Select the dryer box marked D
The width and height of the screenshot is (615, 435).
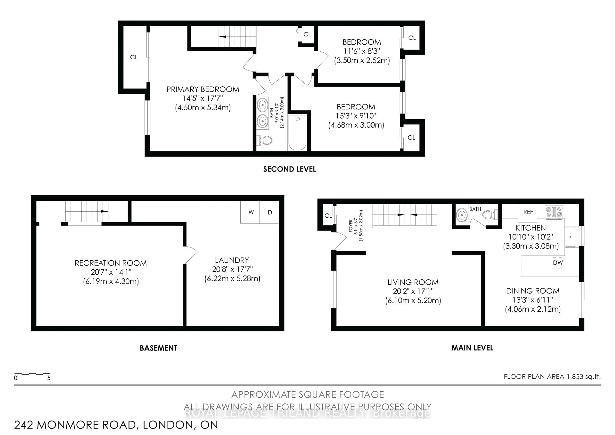[270, 212]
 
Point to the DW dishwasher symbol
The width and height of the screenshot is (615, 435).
[558, 263]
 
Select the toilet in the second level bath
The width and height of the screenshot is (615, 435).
[264, 140]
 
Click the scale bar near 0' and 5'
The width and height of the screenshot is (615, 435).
[32, 374]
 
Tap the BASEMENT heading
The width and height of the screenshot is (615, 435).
[158, 348]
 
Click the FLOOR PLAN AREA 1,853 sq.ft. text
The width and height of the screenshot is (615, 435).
[552, 376]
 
